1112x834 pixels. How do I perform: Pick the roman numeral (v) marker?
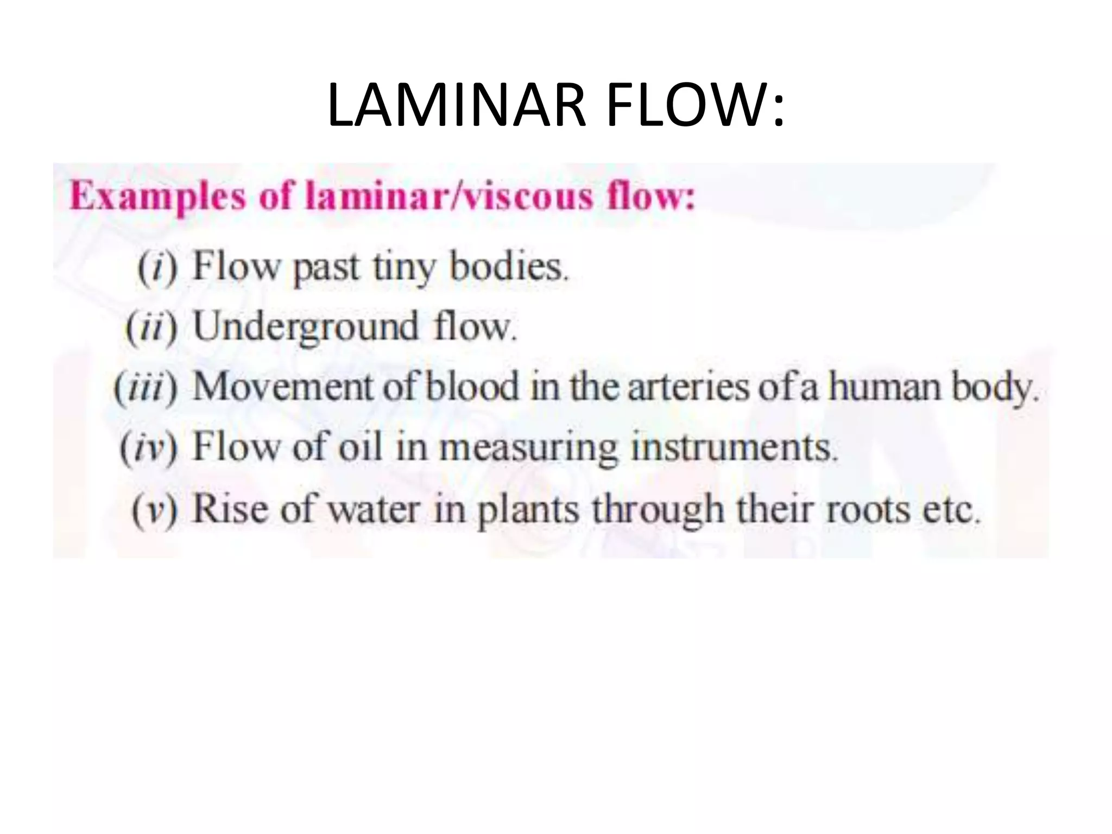click(155, 509)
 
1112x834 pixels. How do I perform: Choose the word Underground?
click(306, 327)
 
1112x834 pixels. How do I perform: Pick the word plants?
click(528, 509)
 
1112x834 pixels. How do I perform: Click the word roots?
click(868, 509)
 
